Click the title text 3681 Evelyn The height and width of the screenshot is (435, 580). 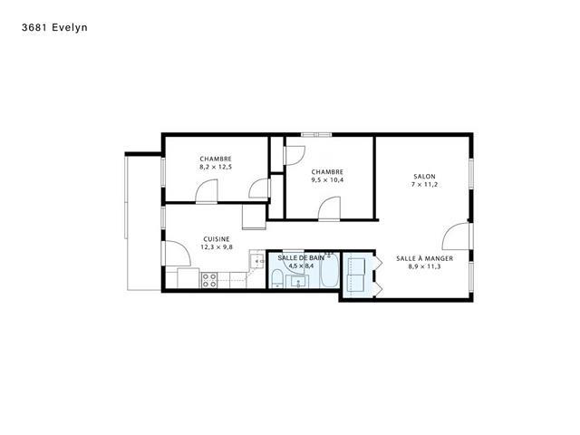[x=54, y=28]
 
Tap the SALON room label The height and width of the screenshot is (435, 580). [x=424, y=177]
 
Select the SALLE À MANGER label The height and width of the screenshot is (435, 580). [x=424, y=258]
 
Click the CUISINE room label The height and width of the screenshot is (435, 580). [x=217, y=239]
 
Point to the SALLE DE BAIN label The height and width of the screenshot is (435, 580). [x=301, y=257]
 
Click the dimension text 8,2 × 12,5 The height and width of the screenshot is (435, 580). [x=216, y=167]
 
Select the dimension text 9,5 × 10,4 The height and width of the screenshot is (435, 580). [x=327, y=180]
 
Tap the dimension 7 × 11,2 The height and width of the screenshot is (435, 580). [x=424, y=185]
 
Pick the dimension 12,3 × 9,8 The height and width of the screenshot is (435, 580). [x=217, y=247]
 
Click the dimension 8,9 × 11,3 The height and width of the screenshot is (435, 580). [x=424, y=266]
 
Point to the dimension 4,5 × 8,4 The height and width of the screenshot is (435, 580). [x=301, y=266]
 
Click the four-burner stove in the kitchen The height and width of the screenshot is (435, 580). [x=209, y=280]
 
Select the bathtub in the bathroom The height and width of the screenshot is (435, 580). [x=329, y=270]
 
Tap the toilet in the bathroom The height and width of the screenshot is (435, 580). [x=277, y=278]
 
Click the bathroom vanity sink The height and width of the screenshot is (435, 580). [x=297, y=282]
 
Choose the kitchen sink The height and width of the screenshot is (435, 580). [x=257, y=261]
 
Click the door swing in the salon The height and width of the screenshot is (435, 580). [x=455, y=237]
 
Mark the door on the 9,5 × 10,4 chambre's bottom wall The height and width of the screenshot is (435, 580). [x=329, y=208]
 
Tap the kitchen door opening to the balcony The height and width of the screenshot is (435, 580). [x=178, y=254]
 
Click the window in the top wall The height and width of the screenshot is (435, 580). [x=316, y=135]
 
